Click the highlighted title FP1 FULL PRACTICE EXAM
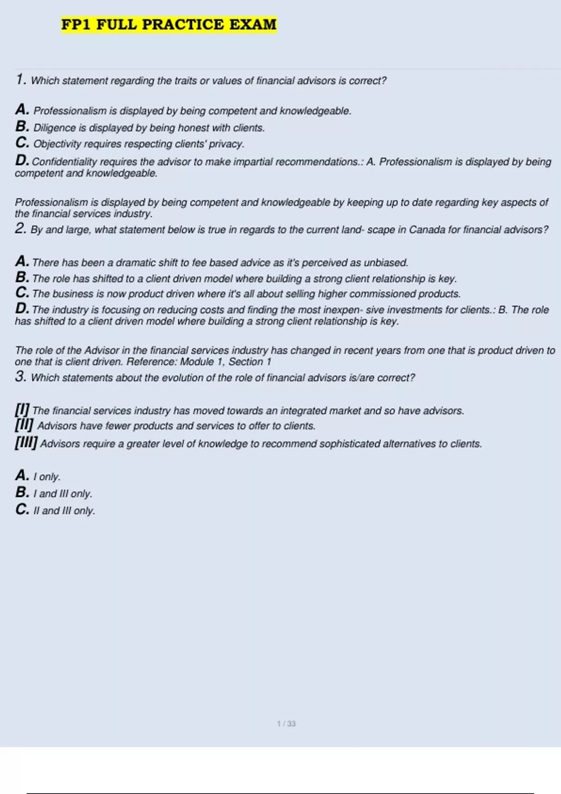pos(169,24)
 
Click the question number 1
pos(21,79)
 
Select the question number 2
pos(21,228)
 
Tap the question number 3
pos(21,376)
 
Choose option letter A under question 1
pos(22,109)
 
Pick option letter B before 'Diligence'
pos(22,126)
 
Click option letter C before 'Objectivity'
pos(22,142)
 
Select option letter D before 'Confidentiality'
pos(22,160)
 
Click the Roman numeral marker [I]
pos(22,410)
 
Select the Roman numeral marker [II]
pos(24,425)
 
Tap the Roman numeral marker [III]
pos(26,442)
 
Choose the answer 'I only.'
pos(47,477)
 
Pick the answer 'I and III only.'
pos(63,494)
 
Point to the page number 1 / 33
pos(286,723)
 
